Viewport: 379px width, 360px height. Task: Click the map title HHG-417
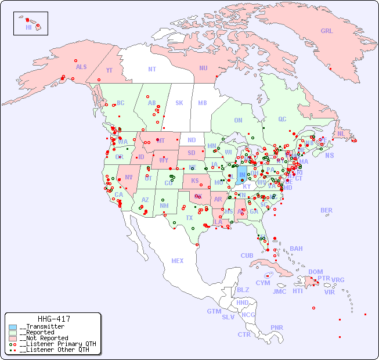54,319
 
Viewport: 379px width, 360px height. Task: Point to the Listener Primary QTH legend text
57,344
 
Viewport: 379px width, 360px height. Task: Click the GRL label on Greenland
327,31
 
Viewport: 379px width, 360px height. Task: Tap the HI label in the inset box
28,27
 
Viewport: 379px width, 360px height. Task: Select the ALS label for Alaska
81,67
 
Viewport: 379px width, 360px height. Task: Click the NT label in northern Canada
151,69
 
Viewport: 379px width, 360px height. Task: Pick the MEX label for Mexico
178,261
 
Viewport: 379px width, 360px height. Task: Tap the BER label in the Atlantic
327,210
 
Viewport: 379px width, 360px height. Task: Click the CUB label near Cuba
247,255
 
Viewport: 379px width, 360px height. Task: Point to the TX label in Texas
189,218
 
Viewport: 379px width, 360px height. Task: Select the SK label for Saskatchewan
179,103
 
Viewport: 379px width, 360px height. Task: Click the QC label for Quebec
282,119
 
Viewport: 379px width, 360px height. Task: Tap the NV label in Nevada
128,177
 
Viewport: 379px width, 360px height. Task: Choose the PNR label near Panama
277,327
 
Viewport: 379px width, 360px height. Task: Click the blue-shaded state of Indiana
242,174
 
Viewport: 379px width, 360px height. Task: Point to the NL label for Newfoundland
341,133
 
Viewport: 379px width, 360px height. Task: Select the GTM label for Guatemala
214,311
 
